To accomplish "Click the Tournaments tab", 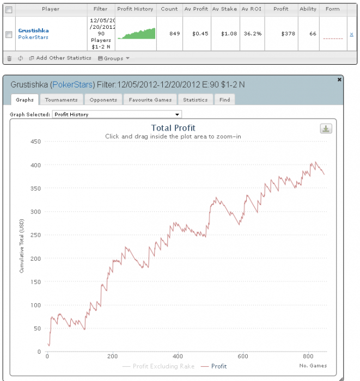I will (62, 100).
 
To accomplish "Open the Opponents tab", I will (103, 100).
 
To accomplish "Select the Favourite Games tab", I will (150, 100).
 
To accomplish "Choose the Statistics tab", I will (195, 100).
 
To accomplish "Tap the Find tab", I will (224, 100).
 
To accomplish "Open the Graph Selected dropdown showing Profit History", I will (117, 114).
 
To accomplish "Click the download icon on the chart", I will (326, 128).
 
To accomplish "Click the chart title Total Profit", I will (173, 128).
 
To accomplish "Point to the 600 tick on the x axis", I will (243, 357).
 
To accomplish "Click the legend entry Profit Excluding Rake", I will (163, 366).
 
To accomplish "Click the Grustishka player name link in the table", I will (33, 30).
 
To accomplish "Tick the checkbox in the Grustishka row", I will (8, 34).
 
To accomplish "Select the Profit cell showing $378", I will (280, 34).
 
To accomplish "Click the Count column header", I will (169, 9).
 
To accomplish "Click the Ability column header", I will (308, 9).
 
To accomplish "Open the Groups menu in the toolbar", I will (113, 58).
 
